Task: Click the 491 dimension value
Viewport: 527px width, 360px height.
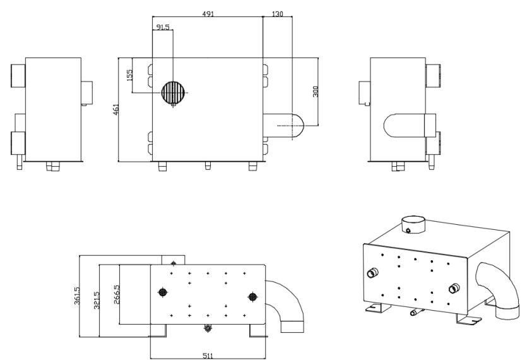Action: click(x=208, y=14)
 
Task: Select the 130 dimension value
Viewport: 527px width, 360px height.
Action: click(x=277, y=14)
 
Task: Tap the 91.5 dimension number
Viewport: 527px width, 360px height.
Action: click(x=163, y=27)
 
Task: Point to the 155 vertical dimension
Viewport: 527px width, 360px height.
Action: click(x=130, y=75)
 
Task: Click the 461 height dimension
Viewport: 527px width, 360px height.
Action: click(x=116, y=109)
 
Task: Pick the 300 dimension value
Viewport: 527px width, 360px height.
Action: click(x=316, y=92)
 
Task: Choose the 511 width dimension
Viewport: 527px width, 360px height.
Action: click(x=208, y=356)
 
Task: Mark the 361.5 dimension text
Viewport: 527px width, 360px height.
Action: click(x=76, y=296)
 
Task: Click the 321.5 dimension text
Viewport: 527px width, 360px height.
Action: click(x=97, y=301)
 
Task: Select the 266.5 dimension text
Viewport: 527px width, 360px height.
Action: click(x=117, y=295)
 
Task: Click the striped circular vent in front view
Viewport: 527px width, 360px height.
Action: click(x=174, y=92)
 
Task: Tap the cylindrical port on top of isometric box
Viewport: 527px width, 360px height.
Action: click(x=413, y=224)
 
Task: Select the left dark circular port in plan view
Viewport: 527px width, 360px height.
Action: click(x=163, y=292)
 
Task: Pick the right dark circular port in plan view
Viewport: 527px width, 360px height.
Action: click(x=252, y=297)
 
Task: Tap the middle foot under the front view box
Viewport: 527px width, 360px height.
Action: click(x=208, y=165)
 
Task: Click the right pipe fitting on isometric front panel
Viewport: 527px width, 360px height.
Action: click(x=454, y=289)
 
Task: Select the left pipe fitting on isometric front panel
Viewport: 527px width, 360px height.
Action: click(x=372, y=272)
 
